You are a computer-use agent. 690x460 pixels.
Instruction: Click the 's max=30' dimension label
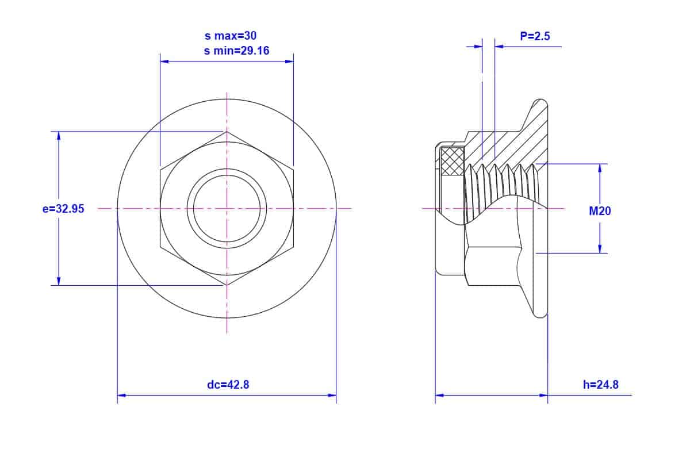231,36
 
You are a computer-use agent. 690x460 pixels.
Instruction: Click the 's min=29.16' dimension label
236,51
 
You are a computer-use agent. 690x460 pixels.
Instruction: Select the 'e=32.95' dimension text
63,209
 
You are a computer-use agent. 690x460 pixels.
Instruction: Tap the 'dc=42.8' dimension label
228,385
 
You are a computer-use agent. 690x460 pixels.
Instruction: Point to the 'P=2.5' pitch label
535,36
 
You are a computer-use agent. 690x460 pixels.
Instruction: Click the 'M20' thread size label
600,211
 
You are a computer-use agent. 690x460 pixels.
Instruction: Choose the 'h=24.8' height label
601,385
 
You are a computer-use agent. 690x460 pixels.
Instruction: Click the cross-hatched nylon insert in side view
453,161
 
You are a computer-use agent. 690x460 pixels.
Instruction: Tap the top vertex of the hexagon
227,132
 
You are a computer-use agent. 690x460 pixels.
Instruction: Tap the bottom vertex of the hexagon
227,285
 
